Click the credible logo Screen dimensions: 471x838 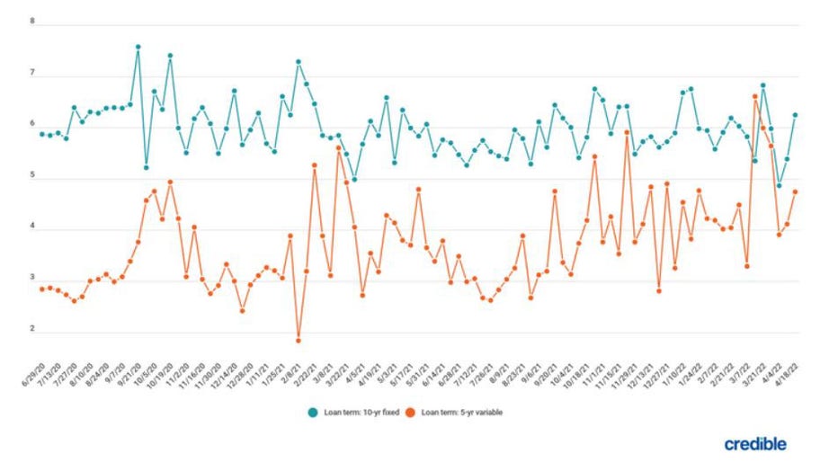pyautogui.click(x=754, y=444)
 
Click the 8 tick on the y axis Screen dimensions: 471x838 pyautogui.click(x=31, y=21)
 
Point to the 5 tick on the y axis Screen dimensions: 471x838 pyautogui.click(x=31, y=177)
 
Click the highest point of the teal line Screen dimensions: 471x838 pyautogui.click(x=138, y=47)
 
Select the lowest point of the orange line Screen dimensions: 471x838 pyautogui.click(x=298, y=340)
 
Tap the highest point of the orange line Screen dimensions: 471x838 pyautogui.click(x=755, y=96)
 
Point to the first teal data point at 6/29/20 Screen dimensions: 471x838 pyautogui.click(x=41, y=134)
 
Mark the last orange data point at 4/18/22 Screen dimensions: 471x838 pyautogui.click(x=796, y=191)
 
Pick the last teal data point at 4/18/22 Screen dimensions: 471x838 pyautogui.click(x=796, y=115)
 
